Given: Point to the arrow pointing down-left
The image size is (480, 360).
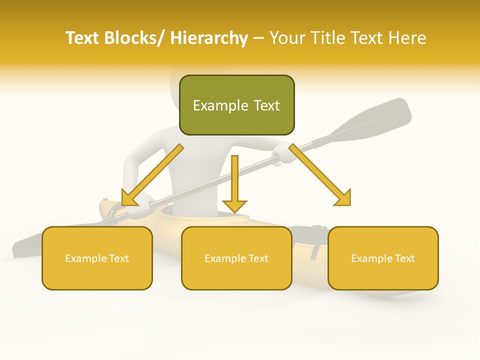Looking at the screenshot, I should (152, 175).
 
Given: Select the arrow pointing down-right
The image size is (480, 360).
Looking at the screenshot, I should (320, 175).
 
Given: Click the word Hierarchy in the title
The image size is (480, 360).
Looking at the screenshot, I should (209, 38).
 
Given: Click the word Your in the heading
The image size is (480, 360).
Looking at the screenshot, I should (287, 38).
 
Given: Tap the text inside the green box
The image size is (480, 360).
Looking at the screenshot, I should (236, 105).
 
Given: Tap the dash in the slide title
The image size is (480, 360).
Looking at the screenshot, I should (258, 38).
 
